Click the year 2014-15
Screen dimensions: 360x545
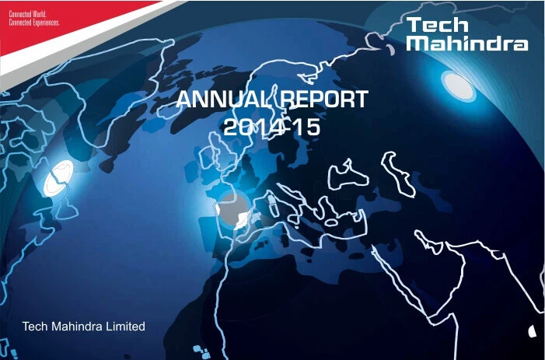tap(271, 127)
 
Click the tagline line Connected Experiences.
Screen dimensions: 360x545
tap(33, 23)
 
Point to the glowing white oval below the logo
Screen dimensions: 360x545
tap(458, 85)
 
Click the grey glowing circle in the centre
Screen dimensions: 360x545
tap(232, 208)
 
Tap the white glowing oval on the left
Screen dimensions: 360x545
tap(59, 181)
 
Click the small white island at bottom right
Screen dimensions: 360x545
tap(532, 330)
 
